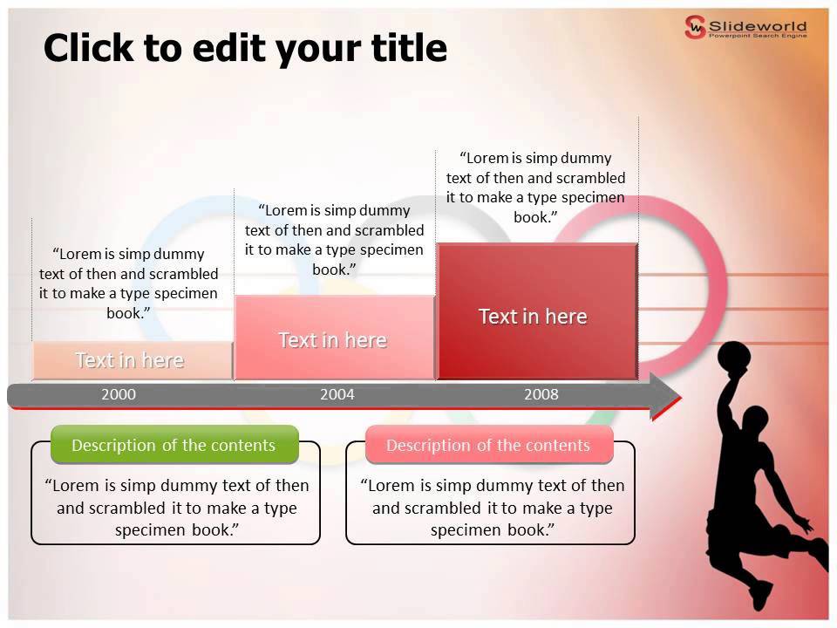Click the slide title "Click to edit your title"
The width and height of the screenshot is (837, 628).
(x=245, y=48)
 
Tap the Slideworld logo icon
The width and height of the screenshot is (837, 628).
(x=695, y=27)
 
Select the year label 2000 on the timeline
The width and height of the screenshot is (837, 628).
(x=119, y=394)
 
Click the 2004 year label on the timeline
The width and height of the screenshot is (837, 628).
(x=337, y=394)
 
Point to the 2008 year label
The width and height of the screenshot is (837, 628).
(x=541, y=394)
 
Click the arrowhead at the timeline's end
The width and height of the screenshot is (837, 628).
(x=664, y=396)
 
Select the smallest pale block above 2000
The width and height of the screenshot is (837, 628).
(x=131, y=360)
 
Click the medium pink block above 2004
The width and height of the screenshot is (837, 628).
(x=333, y=338)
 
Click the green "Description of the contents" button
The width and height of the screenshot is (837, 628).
(x=174, y=445)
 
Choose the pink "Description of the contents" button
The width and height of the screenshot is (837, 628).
(x=488, y=445)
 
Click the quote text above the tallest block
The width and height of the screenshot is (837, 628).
(x=535, y=188)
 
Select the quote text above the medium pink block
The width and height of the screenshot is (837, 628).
(x=334, y=240)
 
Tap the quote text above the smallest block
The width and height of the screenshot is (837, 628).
(x=129, y=283)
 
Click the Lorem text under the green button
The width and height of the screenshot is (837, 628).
(x=176, y=508)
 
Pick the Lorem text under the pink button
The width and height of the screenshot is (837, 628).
(x=492, y=508)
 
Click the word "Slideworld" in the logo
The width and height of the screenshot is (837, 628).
(x=759, y=25)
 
